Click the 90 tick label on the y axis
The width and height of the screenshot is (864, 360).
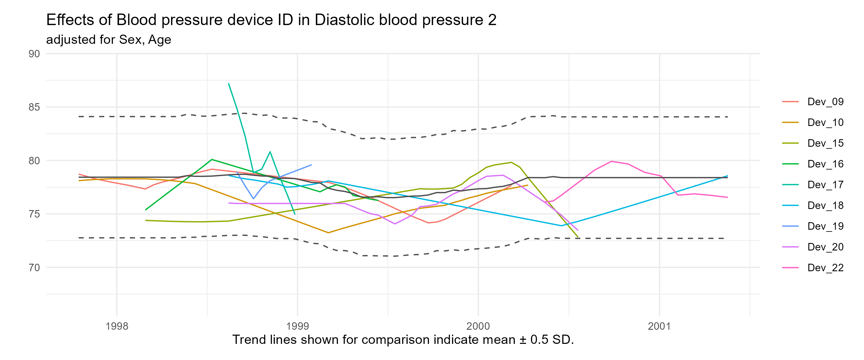pos(34,54)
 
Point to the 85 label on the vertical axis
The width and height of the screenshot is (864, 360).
pos(34,107)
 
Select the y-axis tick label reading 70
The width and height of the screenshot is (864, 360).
pos(34,267)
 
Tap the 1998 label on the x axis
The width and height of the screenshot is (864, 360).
pos(117,326)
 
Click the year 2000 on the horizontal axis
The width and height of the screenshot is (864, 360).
pos(478,326)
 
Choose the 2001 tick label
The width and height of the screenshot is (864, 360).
pos(659,326)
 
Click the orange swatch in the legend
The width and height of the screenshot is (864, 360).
pos(790,122)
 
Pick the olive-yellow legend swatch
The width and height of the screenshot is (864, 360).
pos(790,143)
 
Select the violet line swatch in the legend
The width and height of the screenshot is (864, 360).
pos(790,247)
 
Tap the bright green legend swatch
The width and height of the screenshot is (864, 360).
pos(790,164)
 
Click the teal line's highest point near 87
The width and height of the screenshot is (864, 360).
pos(228,83)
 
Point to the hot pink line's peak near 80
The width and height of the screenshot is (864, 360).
pos(611,161)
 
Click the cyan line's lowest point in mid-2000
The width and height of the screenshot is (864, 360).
pos(561,225)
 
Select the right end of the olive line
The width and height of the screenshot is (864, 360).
pos(578,237)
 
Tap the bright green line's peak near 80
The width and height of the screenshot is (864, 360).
pos(212,159)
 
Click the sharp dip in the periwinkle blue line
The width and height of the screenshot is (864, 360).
pos(254,199)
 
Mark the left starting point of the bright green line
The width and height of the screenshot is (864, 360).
pos(145,210)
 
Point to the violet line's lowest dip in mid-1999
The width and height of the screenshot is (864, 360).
pos(395,224)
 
